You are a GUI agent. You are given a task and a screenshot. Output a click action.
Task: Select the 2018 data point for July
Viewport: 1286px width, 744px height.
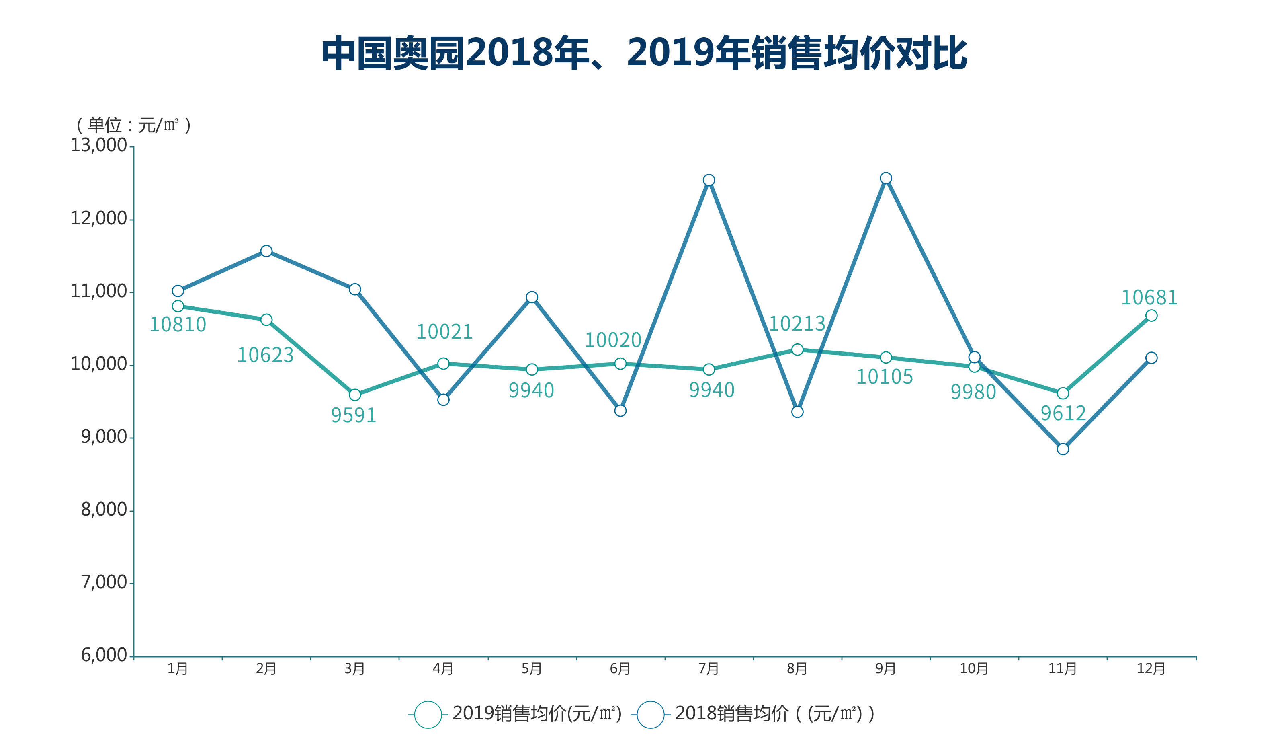point(709,180)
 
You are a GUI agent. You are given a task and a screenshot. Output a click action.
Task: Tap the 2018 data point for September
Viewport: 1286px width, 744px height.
point(885,178)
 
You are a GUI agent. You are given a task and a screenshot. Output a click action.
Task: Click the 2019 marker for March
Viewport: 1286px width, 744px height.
point(355,395)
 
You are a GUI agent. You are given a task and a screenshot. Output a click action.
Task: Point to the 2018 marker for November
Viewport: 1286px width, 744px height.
point(1063,449)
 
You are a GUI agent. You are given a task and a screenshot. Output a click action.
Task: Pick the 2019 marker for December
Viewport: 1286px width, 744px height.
point(1151,316)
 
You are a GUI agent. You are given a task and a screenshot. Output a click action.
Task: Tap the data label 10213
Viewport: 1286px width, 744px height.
point(797,324)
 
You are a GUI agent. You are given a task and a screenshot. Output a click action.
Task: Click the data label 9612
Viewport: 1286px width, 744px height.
point(1063,413)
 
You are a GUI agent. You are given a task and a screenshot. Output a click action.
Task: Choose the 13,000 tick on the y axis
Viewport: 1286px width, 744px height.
point(98,146)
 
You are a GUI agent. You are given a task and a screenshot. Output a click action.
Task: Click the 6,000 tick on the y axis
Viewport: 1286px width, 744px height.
point(104,655)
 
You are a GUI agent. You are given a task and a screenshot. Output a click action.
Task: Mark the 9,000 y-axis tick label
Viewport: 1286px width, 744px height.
point(104,437)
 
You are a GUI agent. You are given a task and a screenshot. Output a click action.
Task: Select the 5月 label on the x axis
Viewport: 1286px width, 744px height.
point(532,669)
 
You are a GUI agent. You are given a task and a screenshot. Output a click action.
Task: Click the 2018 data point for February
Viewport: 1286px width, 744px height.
point(266,251)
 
